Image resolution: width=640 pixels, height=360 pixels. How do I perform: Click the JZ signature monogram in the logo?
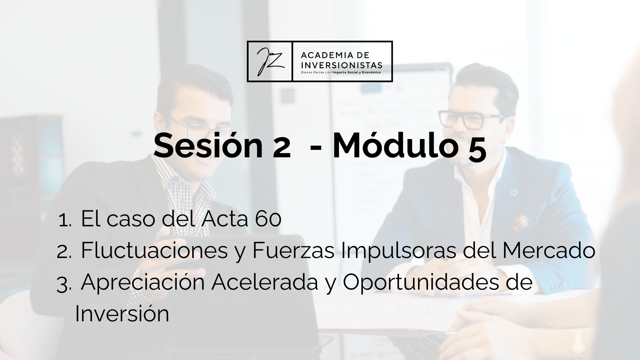269,62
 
